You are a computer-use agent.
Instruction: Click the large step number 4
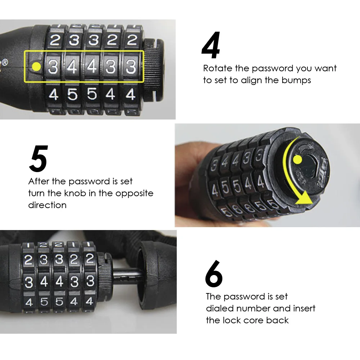[x=211, y=45]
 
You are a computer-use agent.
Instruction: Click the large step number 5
[x=39, y=158]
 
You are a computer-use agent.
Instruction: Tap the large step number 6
[x=214, y=274]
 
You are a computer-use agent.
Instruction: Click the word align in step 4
[x=251, y=80]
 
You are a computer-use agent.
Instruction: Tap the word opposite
[x=134, y=194]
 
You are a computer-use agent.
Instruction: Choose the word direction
[x=47, y=205]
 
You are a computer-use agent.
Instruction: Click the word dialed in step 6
[x=220, y=309]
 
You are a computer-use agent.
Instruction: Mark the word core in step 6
[x=253, y=320]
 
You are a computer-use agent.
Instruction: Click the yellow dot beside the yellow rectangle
[x=36, y=67]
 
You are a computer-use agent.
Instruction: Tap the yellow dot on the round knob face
[x=298, y=159]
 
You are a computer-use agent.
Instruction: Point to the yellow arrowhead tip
[x=312, y=203]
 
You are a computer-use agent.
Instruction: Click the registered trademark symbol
[x=5, y=62]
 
